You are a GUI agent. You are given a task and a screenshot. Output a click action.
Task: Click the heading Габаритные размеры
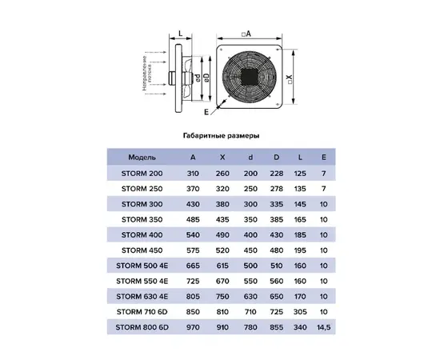(x=221, y=136)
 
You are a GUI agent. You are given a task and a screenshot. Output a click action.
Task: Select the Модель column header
(x=142, y=158)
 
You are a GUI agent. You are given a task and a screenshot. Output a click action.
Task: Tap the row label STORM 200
(x=142, y=174)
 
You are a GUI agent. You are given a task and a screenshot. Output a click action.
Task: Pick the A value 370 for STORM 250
(x=193, y=189)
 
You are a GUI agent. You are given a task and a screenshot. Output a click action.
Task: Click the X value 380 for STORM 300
(x=222, y=204)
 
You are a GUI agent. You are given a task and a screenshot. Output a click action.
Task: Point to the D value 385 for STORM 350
(x=277, y=220)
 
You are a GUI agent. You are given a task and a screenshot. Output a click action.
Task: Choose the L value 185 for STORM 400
(x=300, y=235)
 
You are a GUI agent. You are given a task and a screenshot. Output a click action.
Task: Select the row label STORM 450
(x=142, y=250)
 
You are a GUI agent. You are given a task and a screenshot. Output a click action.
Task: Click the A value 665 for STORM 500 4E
(x=193, y=266)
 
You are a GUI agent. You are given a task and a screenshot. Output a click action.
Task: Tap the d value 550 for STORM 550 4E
(x=250, y=281)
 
